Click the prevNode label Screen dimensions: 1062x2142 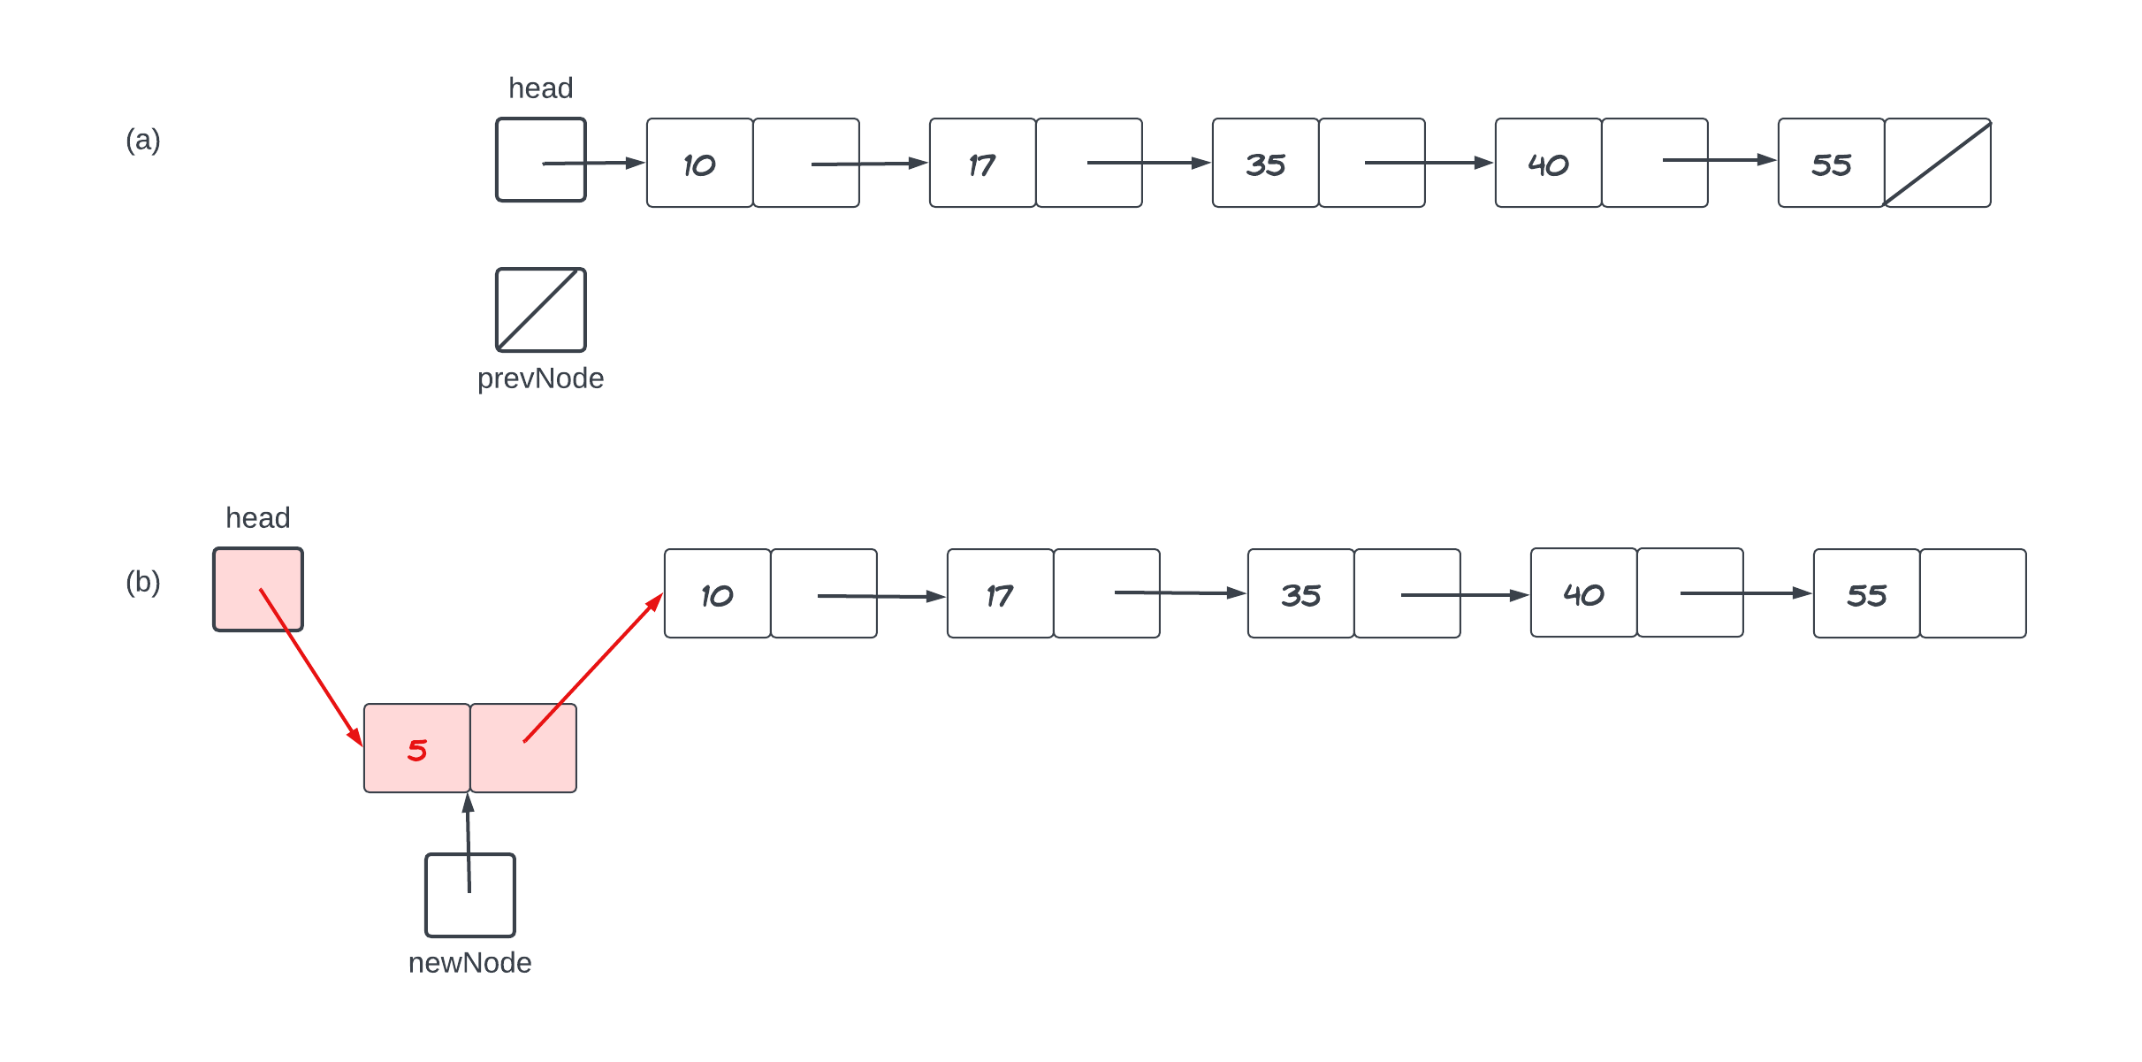(540, 378)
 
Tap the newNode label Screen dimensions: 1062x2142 (469, 962)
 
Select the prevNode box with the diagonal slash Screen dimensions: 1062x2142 (540, 309)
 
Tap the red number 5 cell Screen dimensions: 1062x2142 (416, 749)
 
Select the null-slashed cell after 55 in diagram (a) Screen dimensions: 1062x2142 (1937, 163)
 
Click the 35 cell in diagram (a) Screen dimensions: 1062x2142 (1265, 163)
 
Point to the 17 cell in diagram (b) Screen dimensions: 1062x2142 (1000, 593)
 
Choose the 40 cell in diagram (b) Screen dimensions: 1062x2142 (1583, 592)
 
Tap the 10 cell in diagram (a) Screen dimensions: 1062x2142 (699, 163)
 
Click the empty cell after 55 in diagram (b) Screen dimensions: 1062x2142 (1972, 593)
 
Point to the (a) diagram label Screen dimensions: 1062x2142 (142, 140)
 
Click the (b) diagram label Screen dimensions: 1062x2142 (142, 582)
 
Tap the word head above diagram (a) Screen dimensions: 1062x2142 (540, 88)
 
